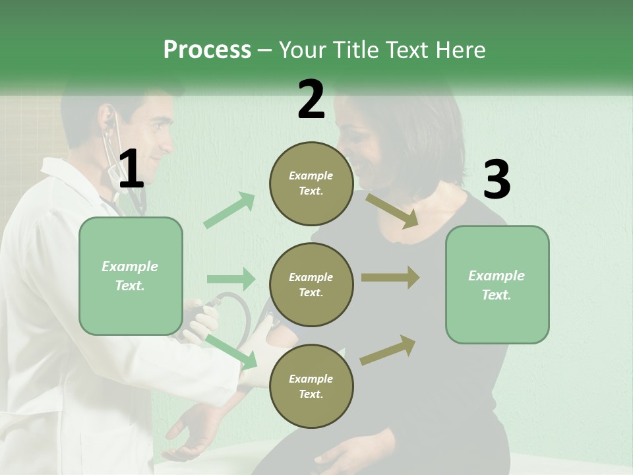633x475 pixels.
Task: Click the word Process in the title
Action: (x=207, y=49)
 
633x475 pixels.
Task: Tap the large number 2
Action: (x=311, y=100)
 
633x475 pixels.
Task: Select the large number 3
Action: (x=497, y=179)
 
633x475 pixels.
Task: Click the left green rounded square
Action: (x=131, y=276)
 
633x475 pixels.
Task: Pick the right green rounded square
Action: (x=497, y=284)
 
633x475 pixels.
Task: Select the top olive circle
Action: (x=311, y=183)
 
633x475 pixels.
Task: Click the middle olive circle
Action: (x=311, y=284)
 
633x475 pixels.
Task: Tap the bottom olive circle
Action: (x=311, y=386)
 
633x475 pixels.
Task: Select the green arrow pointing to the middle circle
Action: (x=230, y=279)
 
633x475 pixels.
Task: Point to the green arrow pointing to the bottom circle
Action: (x=231, y=350)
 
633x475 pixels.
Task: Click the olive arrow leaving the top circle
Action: (x=392, y=210)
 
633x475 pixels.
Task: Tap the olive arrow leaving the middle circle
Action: (x=390, y=278)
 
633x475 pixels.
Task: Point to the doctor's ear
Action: (x=106, y=123)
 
